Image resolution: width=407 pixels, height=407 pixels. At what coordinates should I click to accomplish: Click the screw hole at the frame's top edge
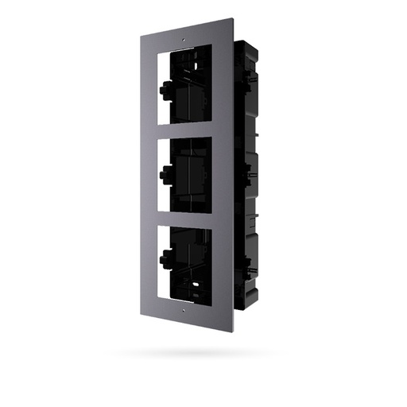click(x=183, y=38)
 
